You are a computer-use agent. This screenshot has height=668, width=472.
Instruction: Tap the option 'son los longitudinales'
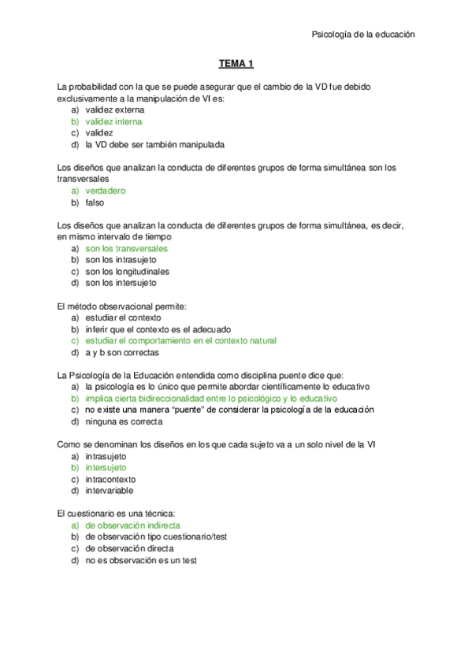pyautogui.click(x=127, y=271)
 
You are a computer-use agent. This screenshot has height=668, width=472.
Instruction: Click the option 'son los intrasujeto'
pyautogui.click(x=121, y=259)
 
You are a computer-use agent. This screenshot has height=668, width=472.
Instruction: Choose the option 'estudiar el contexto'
pyautogui.click(x=123, y=317)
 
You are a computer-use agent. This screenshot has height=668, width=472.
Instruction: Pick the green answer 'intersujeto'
pyautogui.click(x=106, y=467)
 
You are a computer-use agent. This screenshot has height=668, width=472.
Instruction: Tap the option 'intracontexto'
pyautogui.click(x=110, y=479)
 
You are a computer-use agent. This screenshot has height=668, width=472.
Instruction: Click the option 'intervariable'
pyautogui.click(x=110, y=491)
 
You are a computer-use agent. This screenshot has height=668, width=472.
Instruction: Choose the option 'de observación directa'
pyautogui.click(x=129, y=548)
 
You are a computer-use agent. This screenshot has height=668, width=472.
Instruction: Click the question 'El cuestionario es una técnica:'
pyautogui.click(x=120, y=513)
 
